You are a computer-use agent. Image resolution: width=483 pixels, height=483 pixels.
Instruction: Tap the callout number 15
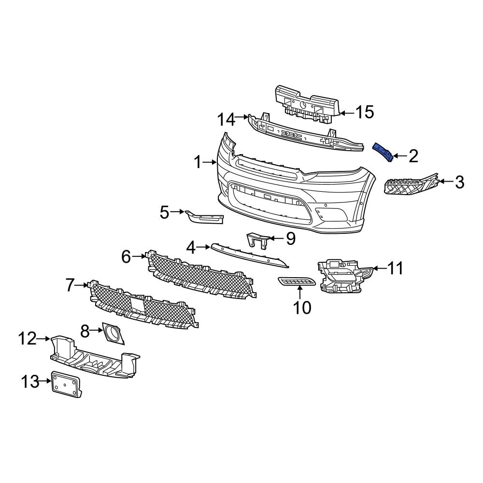click(365, 113)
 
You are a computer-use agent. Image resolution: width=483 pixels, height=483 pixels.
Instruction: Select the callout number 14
click(225, 119)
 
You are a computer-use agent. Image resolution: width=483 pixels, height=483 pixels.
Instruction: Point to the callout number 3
click(459, 182)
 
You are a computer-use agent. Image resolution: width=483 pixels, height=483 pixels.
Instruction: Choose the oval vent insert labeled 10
click(297, 281)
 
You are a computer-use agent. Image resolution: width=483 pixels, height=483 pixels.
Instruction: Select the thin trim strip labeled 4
click(249, 255)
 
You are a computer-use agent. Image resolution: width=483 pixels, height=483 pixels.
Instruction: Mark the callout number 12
click(28, 339)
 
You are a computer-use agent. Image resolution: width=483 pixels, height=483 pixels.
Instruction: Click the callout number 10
click(303, 307)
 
